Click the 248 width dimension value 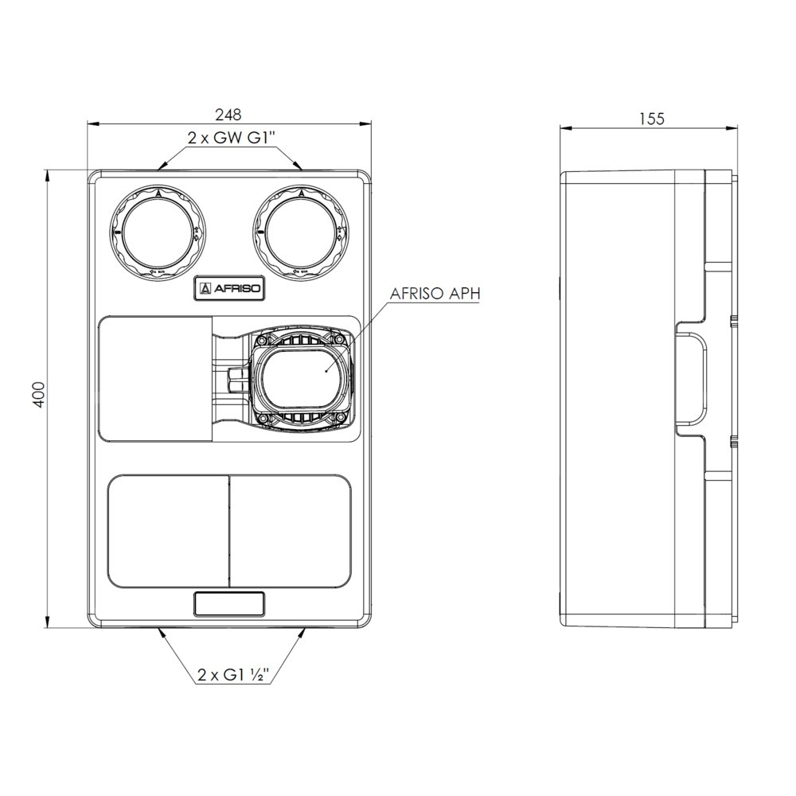click(228, 115)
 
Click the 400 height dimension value click(39, 395)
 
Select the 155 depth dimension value click(651, 119)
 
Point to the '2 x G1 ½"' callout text click(233, 675)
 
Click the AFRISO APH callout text click(435, 294)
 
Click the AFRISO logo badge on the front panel click(229, 290)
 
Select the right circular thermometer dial click(302, 232)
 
